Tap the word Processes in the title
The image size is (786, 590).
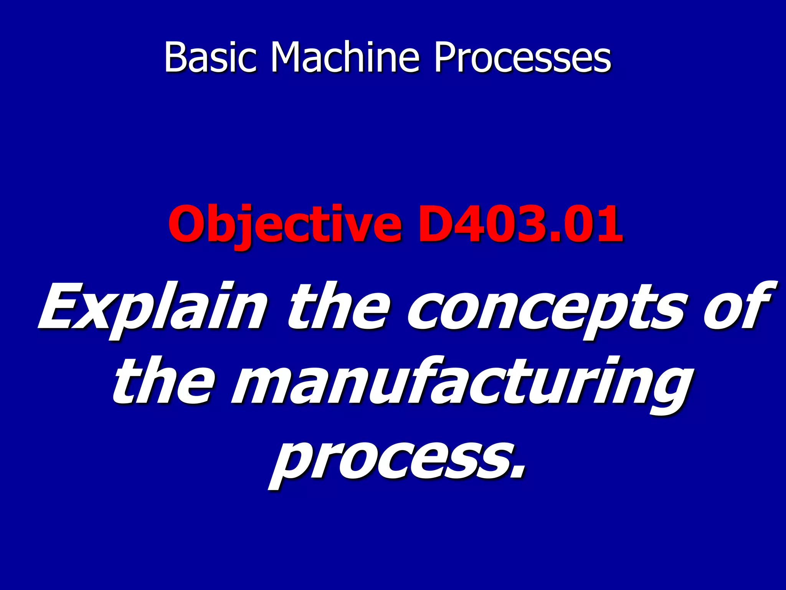(522, 58)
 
